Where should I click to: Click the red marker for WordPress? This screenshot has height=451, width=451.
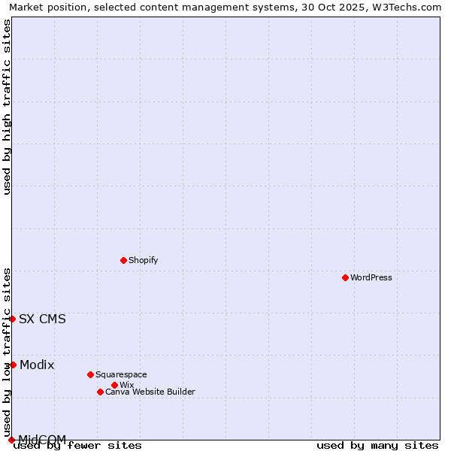[345, 277]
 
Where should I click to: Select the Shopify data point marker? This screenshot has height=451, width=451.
[123, 260]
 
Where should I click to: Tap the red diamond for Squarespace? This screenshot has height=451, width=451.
[90, 374]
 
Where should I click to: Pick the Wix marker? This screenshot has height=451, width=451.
[114, 385]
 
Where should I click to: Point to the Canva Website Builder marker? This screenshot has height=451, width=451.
[100, 392]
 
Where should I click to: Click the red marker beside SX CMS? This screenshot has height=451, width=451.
[12, 319]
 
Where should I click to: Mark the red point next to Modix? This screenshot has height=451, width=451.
[13, 365]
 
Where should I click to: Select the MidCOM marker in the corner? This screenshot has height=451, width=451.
[11, 440]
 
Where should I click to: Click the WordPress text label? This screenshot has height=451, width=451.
[371, 277]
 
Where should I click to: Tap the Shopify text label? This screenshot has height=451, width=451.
[143, 260]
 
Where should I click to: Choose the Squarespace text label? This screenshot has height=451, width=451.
[121, 374]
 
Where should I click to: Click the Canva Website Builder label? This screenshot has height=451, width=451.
[150, 392]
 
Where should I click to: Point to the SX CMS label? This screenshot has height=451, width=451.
[42, 319]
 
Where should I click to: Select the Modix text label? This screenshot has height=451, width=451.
[37, 365]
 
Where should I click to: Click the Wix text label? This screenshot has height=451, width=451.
[126, 385]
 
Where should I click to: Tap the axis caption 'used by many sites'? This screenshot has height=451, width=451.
[377, 445]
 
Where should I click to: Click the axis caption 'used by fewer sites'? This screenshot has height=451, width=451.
[77, 445]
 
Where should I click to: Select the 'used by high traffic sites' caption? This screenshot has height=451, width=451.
[7, 107]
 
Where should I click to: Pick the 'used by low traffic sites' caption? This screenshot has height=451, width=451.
[7, 352]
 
